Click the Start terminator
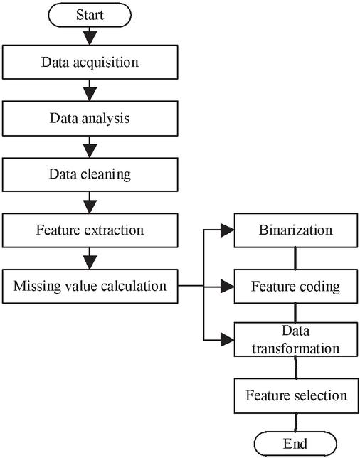point(90,15)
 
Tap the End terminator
point(295,444)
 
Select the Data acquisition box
point(90,62)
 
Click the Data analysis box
point(90,118)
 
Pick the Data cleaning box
point(90,175)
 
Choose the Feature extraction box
point(90,230)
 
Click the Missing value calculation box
point(90,286)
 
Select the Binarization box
point(296,230)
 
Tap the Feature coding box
point(296,286)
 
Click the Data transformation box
point(296,339)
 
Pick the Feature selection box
point(296,396)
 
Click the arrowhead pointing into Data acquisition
point(90,38)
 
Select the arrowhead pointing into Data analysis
point(90,94)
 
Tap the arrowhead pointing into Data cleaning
point(90,151)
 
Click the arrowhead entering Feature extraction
point(90,206)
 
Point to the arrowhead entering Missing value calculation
point(90,262)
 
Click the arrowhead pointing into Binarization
point(228,230)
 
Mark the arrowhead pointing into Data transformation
point(228,340)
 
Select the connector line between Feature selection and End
point(296,422)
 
